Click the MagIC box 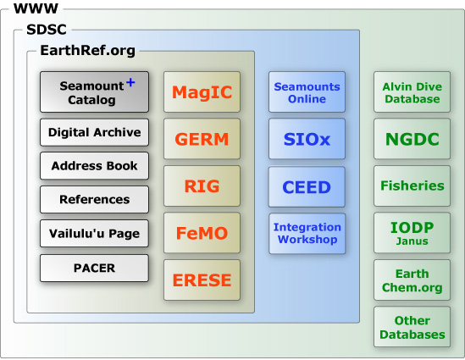tap(202, 92)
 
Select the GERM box tap(202, 139)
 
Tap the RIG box tap(202, 186)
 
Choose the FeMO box tap(202, 233)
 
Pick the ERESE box tap(202, 280)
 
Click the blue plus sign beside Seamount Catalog tap(130, 82)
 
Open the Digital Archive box tap(94, 132)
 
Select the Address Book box tap(94, 166)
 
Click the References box tap(94, 199)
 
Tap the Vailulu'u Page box tap(94, 234)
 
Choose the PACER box tap(94, 268)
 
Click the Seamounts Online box tap(307, 92)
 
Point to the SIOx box tap(307, 139)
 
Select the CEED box tap(307, 187)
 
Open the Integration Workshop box tap(307, 234)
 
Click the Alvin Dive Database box tap(412, 92)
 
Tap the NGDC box tap(412, 139)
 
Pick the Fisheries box tap(412, 186)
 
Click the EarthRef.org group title tap(88, 51)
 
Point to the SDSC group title tap(47, 30)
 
